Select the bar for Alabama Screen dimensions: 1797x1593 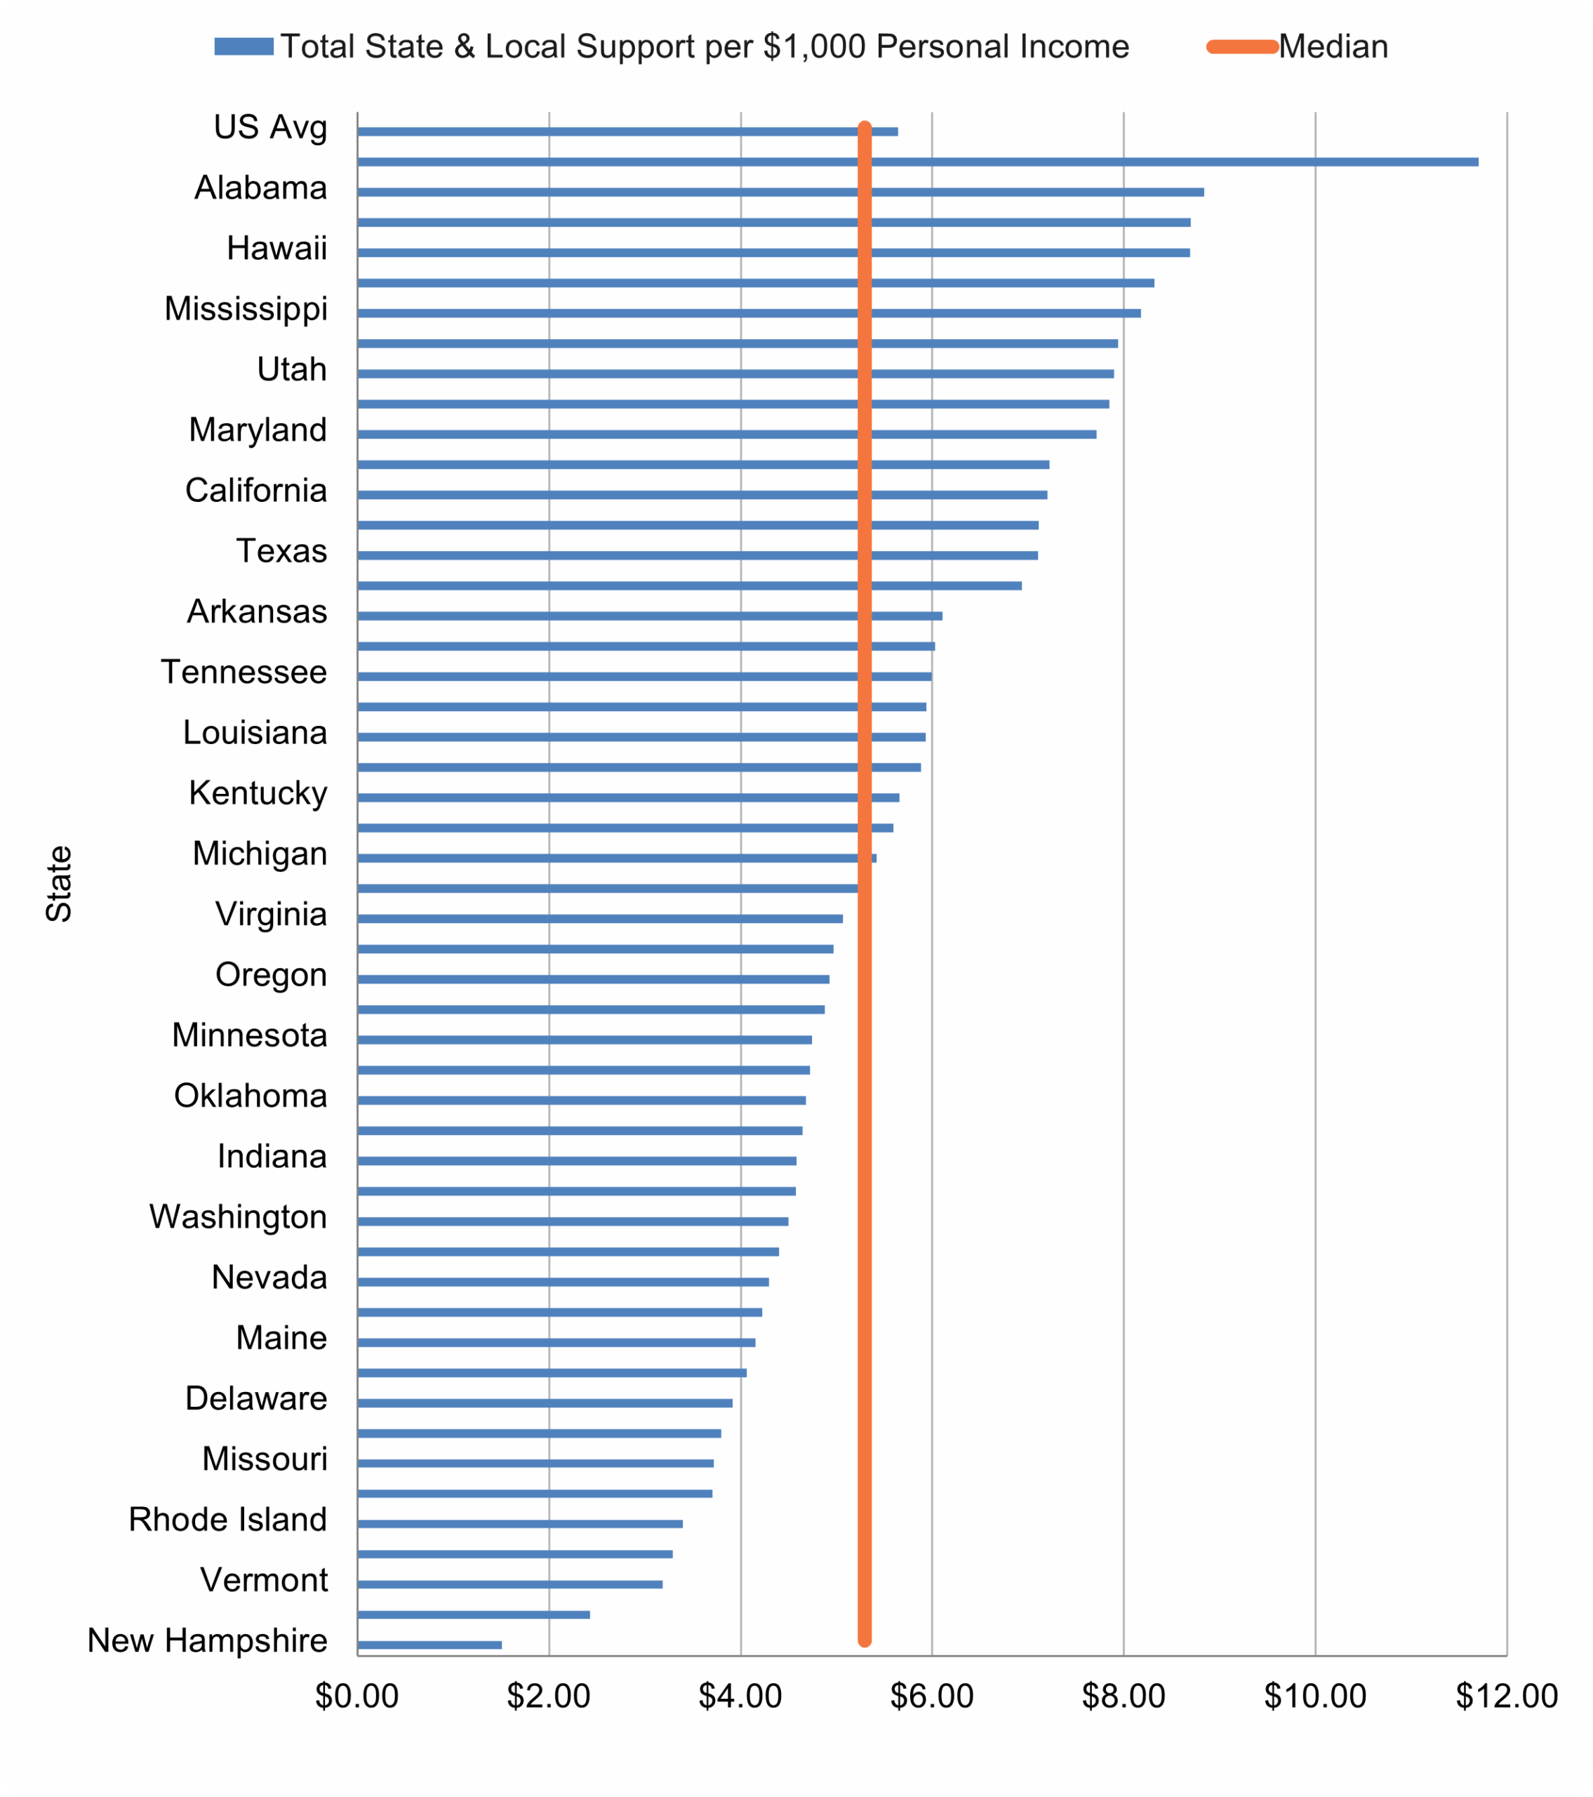click(x=615, y=192)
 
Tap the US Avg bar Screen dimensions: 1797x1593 click(x=615, y=131)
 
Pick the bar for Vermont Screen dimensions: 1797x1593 click(x=510, y=1584)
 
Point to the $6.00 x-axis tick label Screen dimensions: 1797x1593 click(x=931, y=1696)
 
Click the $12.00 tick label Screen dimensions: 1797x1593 click(x=1506, y=1696)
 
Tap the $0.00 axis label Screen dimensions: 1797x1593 click(x=357, y=1696)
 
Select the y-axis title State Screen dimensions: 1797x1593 click(x=59, y=884)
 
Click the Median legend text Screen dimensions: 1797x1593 click(x=1333, y=46)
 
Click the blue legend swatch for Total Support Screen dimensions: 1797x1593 click(x=244, y=46)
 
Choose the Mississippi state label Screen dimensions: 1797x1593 click(x=246, y=309)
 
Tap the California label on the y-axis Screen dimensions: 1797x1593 click(x=256, y=491)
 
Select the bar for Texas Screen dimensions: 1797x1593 click(x=615, y=555)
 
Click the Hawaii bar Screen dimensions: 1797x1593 click(x=615, y=252)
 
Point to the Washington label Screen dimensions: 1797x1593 click(x=238, y=1216)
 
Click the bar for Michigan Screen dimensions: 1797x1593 click(x=615, y=858)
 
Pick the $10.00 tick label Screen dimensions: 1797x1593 click(x=1314, y=1696)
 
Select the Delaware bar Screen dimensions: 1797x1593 click(x=545, y=1403)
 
